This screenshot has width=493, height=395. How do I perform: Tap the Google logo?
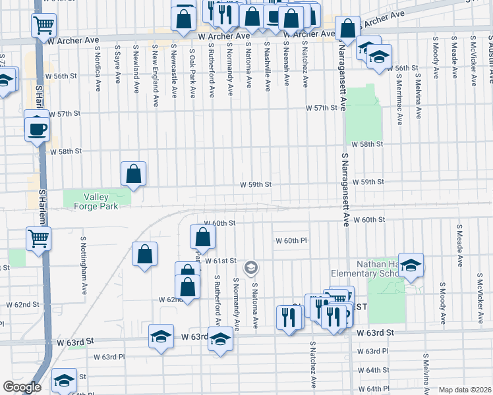[x=22, y=387]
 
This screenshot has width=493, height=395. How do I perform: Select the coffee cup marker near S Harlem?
[x=38, y=128]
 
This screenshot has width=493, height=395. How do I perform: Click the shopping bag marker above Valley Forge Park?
[x=133, y=174]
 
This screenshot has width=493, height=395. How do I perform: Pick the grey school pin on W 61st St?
[x=250, y=267]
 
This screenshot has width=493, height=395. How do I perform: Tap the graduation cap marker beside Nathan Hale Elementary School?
[x=411, y=265]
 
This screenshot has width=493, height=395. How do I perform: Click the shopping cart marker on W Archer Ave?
[x=43, y=26]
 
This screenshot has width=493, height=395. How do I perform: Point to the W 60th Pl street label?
[x=291, y=241]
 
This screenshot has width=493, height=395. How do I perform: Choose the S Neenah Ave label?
[x=286, y=66]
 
